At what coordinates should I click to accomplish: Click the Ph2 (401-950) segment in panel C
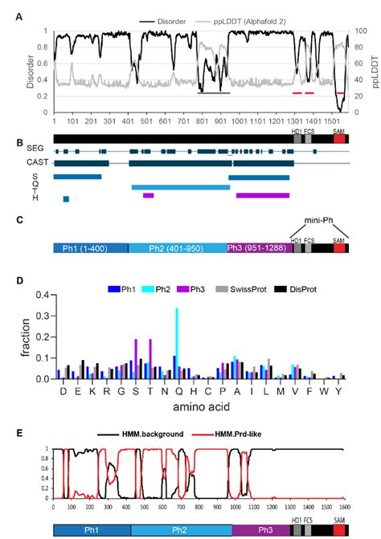click(x=178, y=249)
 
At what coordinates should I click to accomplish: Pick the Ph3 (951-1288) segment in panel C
click(x=258, y=249)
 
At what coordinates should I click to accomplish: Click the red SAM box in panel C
click(x=339, y=249)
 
